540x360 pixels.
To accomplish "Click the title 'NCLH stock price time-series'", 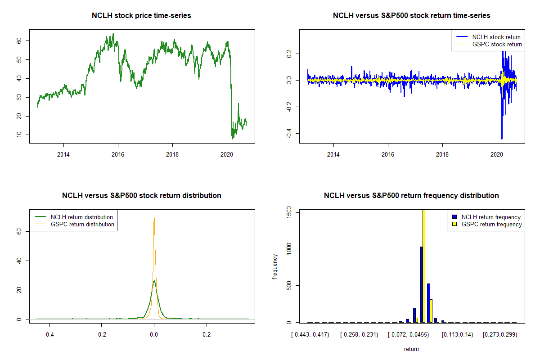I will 141,16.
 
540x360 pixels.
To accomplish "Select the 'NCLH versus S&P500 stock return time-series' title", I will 411,16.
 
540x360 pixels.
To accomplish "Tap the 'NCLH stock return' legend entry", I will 495,37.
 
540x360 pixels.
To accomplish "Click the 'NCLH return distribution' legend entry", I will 82,217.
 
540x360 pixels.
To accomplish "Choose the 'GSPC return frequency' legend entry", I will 491,224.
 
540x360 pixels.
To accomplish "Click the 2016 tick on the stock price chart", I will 118,153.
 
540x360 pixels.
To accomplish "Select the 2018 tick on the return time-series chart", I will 442,153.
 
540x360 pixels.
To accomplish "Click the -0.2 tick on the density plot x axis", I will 102,335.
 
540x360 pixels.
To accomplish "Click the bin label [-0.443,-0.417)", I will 310,335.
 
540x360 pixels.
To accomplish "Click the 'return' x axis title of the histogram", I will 411,349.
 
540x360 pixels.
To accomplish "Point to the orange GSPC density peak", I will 154,217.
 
